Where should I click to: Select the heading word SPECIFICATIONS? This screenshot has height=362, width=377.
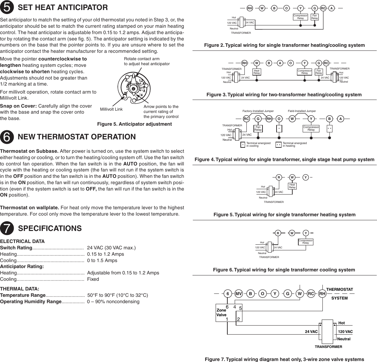click(50, 228)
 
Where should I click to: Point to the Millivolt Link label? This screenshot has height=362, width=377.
click(111, 109)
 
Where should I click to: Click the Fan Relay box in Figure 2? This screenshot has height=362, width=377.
click(315, 17)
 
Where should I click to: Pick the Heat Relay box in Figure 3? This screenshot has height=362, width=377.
click(257, 72)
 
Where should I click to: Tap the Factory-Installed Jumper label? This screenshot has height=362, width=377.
click(258, 111)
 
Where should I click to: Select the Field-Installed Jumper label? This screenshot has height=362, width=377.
click(302, 111)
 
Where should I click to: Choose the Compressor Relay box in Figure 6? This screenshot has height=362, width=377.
click(305, 242)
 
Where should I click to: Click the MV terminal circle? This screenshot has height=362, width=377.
click(239, 294)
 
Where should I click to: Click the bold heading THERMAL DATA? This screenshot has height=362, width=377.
click(20, 288)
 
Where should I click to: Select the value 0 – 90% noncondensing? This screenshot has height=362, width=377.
click(113, 301)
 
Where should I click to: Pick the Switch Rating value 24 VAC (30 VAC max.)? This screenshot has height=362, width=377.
click(111, 248)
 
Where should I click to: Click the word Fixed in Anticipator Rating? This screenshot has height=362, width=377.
click(93, 279)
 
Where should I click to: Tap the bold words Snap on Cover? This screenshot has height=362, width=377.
click(19, 106)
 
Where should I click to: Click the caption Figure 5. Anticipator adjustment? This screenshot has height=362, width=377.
click(134, 124)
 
